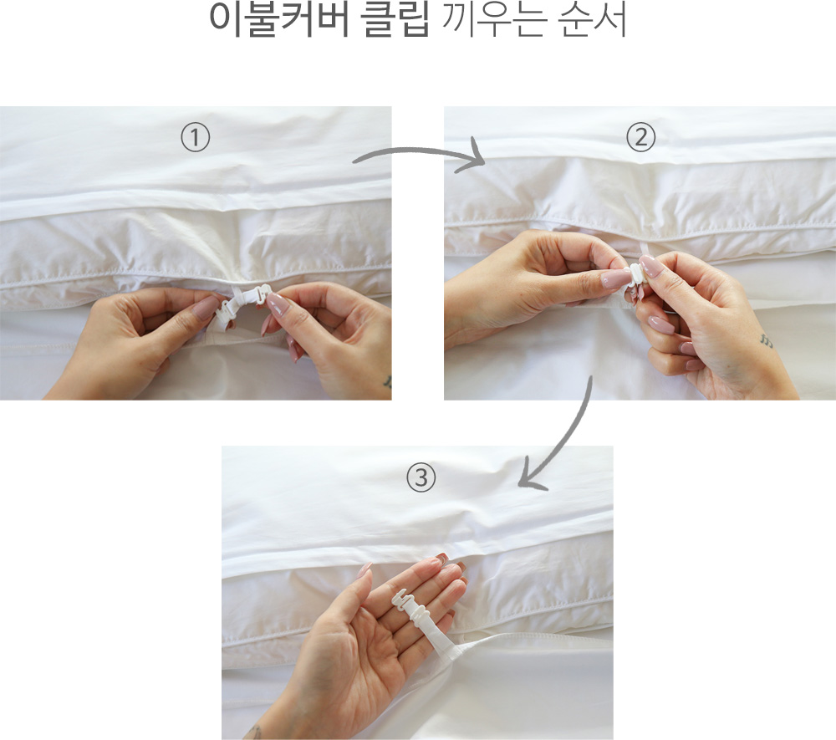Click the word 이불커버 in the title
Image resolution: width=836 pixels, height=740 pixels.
click(279, 19)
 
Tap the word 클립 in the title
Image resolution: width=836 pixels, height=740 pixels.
click(395, 19)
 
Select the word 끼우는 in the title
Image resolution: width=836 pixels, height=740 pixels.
click(494, 19)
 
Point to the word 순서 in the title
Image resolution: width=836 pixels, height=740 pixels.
click(592, 19)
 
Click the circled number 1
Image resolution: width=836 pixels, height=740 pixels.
click(195, 138)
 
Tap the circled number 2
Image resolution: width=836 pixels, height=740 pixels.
click(640, 138)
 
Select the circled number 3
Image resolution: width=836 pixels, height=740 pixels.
click(421, 477)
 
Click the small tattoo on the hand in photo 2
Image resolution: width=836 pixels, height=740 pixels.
click(766, 340)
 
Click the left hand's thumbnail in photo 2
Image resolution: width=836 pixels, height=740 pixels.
click(616, 278)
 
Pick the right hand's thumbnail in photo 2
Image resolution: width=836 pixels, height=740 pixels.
click(650, 266)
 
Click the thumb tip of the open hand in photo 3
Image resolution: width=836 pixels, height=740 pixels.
click(366, 569)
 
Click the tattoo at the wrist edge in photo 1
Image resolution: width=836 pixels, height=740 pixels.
click(388, 382)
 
